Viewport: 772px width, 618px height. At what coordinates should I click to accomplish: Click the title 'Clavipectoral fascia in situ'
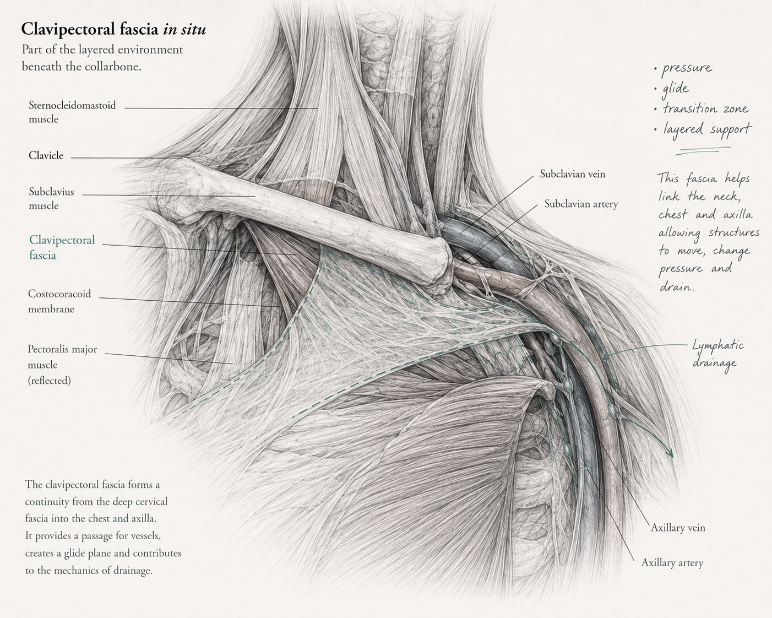113,29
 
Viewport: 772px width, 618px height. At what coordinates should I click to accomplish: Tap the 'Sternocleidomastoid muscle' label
72,112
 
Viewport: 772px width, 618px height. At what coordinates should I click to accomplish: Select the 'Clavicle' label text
46,155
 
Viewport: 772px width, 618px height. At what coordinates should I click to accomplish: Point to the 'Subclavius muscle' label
51,198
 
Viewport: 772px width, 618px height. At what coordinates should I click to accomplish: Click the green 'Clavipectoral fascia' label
62,247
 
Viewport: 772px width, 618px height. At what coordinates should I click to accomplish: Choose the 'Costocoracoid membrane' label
59,301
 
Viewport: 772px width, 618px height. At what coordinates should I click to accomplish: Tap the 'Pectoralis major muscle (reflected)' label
62,365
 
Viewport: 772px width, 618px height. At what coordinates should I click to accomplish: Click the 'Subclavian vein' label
573,174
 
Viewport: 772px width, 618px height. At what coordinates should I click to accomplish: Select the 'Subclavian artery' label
581,204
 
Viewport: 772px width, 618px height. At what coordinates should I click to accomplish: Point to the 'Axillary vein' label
678,528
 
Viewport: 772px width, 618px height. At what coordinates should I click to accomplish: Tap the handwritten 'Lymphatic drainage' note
718,354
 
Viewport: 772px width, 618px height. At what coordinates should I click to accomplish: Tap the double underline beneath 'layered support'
703,151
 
